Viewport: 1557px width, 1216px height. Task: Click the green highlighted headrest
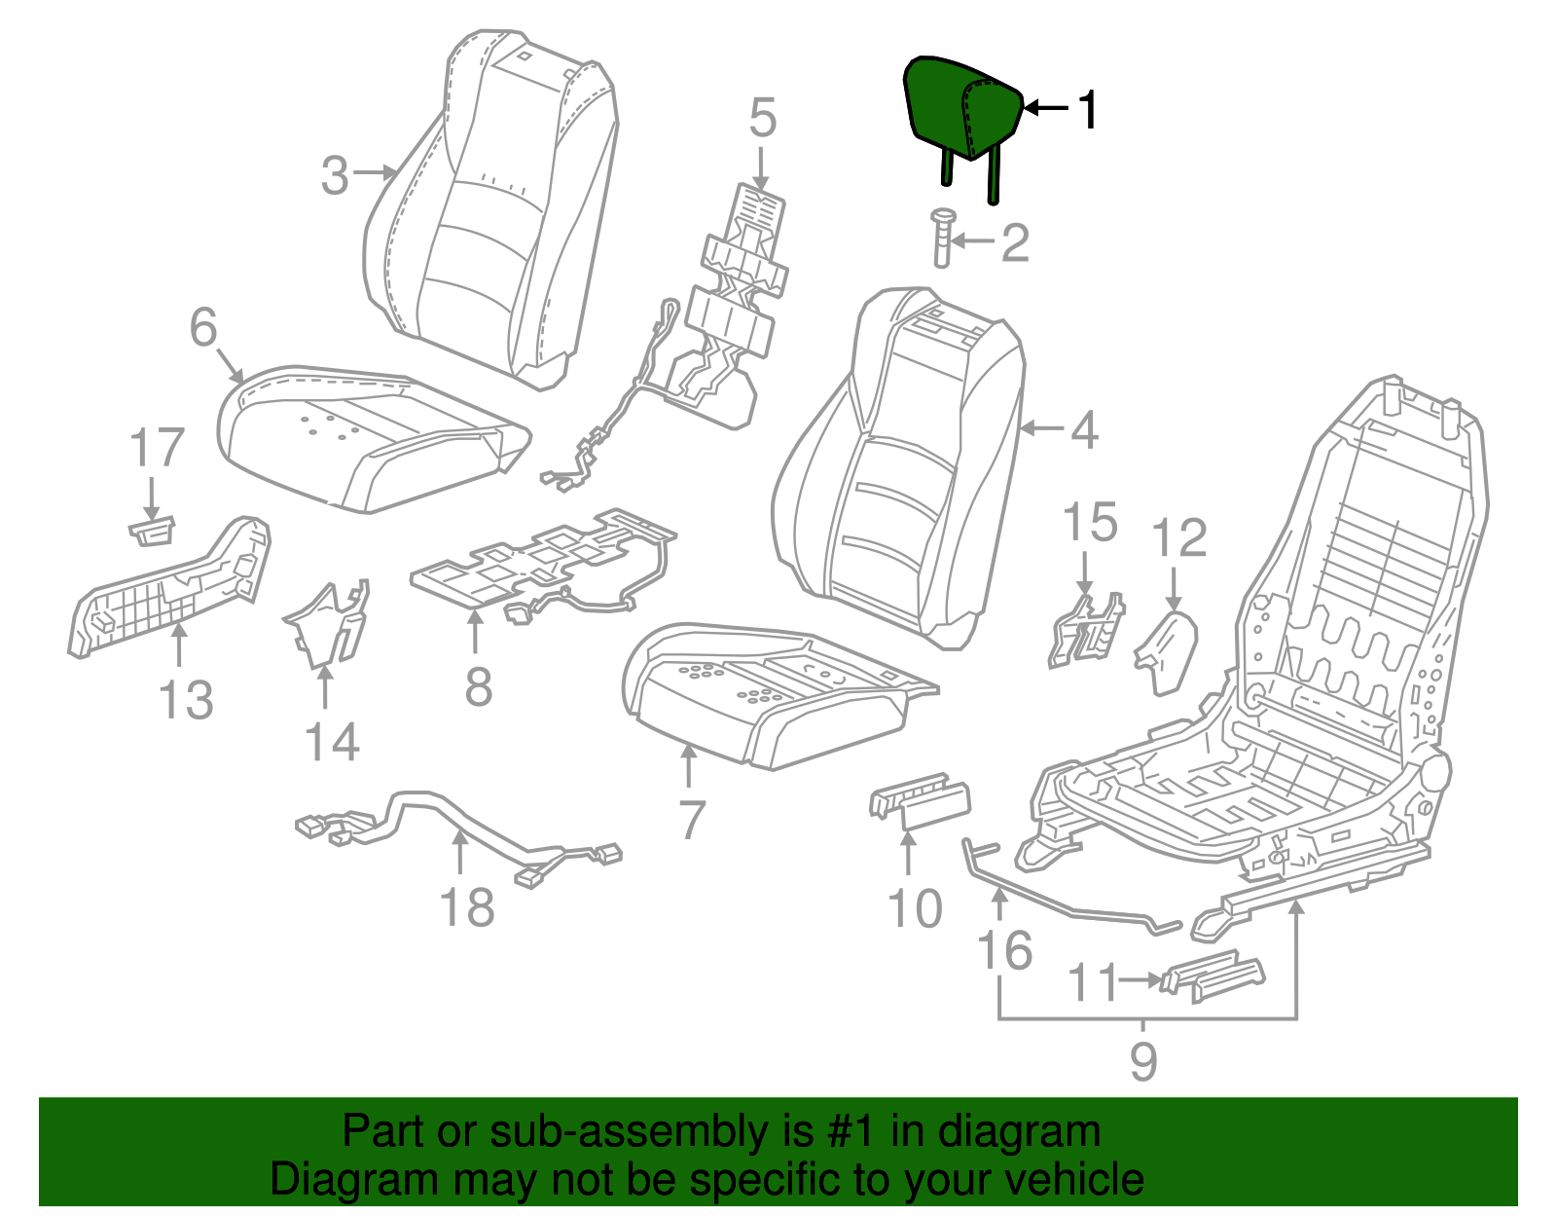[959, 107]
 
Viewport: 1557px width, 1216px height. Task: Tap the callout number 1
[1088, 109]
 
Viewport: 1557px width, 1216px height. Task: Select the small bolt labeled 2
[942, 237]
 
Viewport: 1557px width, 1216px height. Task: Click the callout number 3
[335, 176]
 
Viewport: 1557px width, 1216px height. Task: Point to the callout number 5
[762, 118]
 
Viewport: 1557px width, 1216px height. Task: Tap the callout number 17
[157, 448]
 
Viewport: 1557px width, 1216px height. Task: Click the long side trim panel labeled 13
[170, 589]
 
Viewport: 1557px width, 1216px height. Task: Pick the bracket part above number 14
[329, 623]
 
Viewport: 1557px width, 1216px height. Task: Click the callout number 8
[478, 686]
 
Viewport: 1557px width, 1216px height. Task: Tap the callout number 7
[690, 820]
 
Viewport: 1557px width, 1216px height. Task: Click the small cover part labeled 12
[1167, 650]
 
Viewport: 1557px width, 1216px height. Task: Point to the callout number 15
[1089, 524]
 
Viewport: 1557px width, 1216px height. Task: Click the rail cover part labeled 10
[920, 804]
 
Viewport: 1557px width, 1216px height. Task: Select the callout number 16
[1004, 951]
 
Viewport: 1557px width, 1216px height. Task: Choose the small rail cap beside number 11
[1212, 975]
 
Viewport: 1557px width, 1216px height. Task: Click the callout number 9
[1143, 1060]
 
